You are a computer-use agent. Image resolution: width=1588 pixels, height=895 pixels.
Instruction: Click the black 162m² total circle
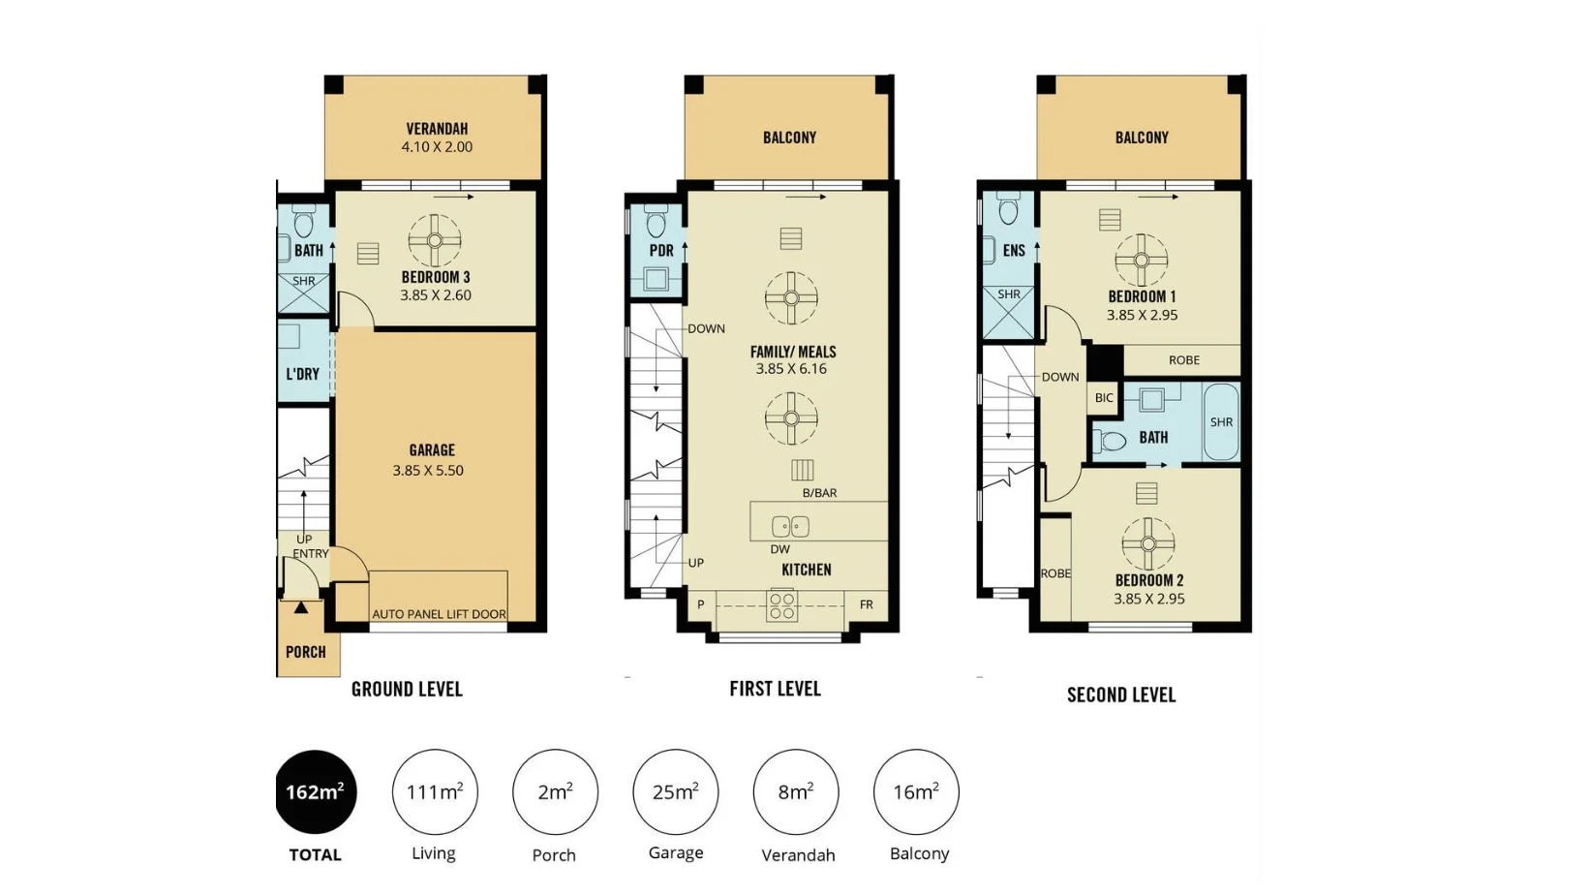(x=316, y=791)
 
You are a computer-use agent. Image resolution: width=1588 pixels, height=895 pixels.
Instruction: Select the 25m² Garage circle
(x=675, y=791)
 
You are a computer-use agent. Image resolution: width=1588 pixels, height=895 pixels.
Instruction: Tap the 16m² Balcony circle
(x=916, y=791)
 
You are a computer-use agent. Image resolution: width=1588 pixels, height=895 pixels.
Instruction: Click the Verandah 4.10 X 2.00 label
(x=437, y=138)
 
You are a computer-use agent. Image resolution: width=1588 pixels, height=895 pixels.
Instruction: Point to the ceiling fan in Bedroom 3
(x=434, y=240)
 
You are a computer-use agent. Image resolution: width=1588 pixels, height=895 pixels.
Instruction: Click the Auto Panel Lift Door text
(x=439, y=614)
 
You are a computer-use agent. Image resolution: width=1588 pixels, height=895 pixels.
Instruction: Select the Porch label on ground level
(x=305, y=652)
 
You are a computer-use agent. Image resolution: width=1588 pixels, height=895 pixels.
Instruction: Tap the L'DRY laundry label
(x=302, y=374)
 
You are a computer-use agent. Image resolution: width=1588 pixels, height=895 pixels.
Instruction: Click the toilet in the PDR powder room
(x=656, y=224)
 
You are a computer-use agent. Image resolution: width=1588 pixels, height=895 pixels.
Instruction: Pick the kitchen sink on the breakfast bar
(x=790, y=527)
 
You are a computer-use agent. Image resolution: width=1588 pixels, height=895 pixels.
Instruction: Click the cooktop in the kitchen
(x=782, y=606)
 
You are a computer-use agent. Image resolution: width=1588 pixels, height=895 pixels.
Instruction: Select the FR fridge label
(x=866, y=604)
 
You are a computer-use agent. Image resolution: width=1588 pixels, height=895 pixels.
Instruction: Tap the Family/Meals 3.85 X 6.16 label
(x=792, y=359)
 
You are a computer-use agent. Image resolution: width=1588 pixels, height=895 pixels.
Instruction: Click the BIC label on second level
(x=1104, y=398)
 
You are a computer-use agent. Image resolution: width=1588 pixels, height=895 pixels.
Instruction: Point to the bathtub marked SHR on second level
(x=1221, y=422)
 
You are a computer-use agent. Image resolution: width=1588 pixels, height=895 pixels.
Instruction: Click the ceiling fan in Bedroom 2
(x=1147, y=543)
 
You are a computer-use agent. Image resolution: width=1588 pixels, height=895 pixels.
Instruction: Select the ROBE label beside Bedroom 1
(x=1183, y=360)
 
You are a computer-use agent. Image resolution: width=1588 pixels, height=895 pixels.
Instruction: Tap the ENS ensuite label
(x=1014, y=250)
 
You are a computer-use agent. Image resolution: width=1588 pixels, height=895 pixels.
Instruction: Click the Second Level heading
(x=1121, y=694)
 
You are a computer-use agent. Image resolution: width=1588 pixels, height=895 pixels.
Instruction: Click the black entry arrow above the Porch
(x=301, y=607)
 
